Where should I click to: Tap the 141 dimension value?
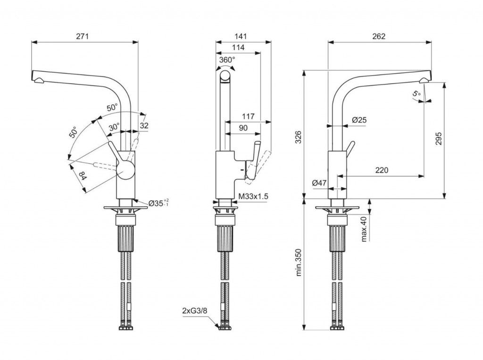[241, 36]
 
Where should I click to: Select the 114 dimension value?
[238, 47]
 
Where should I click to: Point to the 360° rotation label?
[227, 60]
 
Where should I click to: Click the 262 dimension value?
[379, 36]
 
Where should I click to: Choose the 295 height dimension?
[439, 137]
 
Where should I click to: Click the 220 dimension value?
[381, 170]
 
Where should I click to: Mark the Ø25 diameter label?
[359, 120]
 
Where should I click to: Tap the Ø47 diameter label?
[320, 183]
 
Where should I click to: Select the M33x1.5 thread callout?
[254, 196]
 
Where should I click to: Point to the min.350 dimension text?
[298, 262]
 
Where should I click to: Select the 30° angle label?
[114, 127]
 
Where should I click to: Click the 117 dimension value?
[248, 116]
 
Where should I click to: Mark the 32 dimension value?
[144, 126]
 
